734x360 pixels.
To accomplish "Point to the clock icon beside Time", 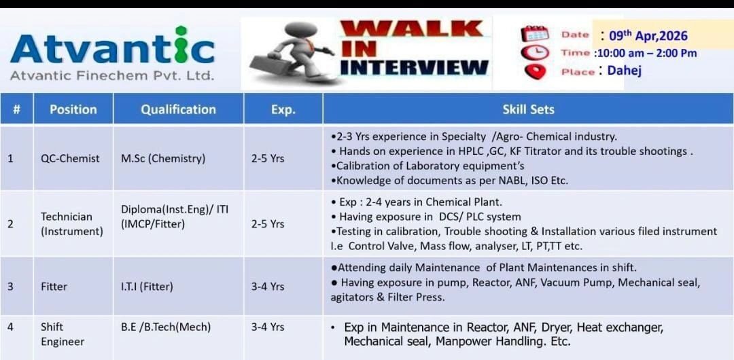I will click(x=534, y=52).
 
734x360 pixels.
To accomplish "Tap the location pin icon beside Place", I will click(x=535, y=71).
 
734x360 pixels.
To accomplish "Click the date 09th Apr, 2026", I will click(x=648, y=35).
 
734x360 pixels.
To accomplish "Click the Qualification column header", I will click(x=178, y=109).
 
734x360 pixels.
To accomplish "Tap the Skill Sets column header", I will click(x=528, y=109).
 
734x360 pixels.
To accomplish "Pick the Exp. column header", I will click(x=283, y=109).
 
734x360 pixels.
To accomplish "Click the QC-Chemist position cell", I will click(x=70, y=158).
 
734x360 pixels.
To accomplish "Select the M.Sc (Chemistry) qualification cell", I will click(x=162, y=158).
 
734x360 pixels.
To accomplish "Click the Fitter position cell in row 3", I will click(x=54, y=286).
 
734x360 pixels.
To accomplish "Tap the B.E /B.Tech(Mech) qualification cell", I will click(x=166, y=327).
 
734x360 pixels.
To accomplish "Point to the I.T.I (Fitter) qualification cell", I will click(x=147, y=286).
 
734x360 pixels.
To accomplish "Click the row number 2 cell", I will click(x=10, y=223).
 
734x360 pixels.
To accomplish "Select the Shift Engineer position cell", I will click(x=63, y=334).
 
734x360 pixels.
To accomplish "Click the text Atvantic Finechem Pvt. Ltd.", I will click(x=112, y=75).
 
